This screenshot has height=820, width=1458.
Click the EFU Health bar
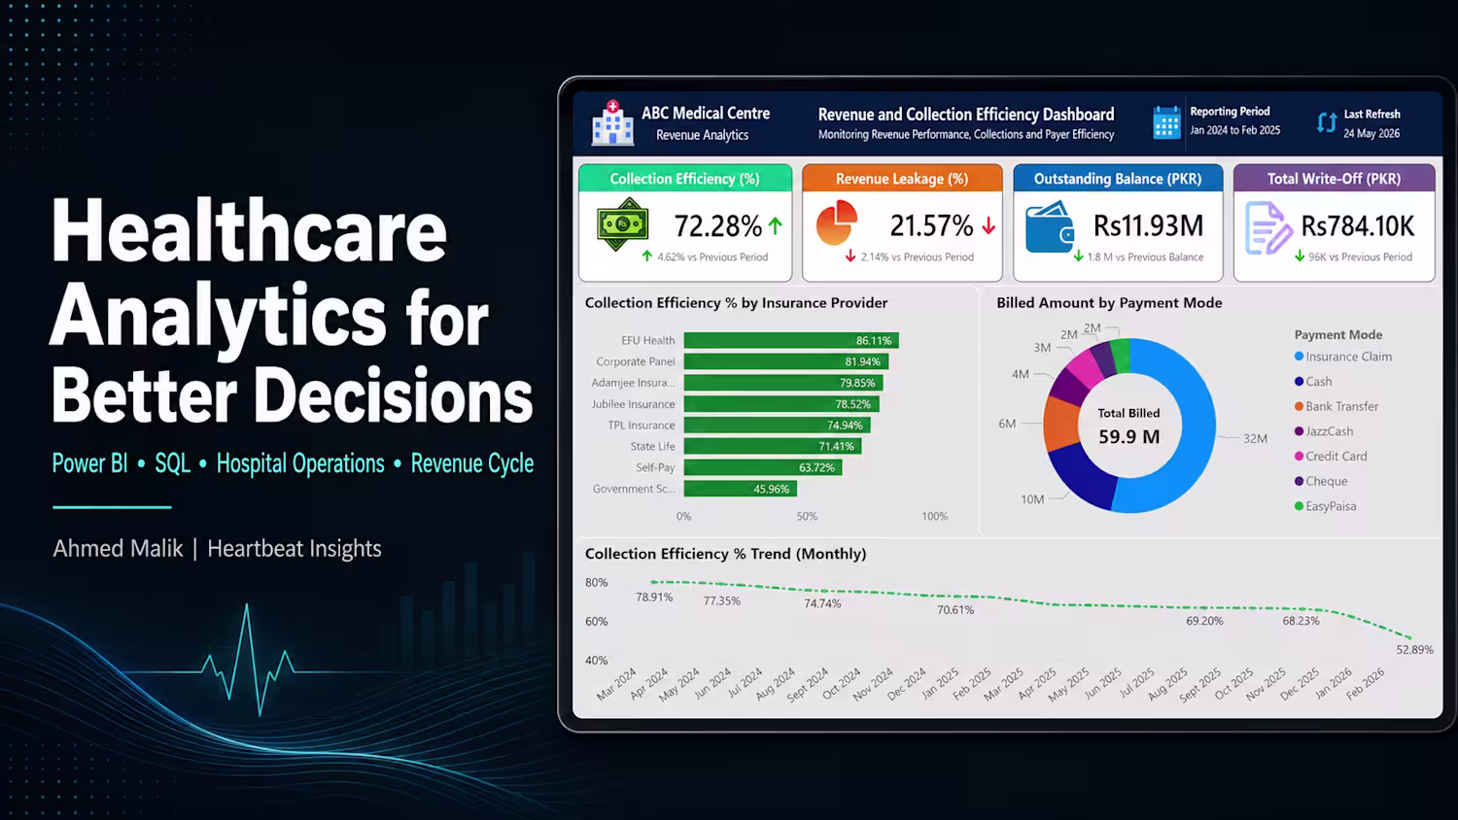coord(791,340)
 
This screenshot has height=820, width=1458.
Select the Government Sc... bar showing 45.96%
coord(740,489)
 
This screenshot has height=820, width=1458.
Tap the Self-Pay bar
coord(763,467)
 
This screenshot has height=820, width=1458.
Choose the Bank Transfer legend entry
coord(1336,406)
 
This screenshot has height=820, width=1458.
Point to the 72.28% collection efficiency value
coord(717,226)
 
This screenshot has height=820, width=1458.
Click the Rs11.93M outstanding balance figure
coord(1148,225)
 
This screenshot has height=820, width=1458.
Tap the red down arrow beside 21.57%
coord(989,225)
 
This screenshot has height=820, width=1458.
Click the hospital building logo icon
coord(611,122)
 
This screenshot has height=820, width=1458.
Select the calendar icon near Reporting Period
coord(1166,122)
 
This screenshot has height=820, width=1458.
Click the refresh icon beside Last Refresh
coord(1327,122)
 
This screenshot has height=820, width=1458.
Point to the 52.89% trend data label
coord(1414,650)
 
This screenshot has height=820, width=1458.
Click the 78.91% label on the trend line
coord(654,597)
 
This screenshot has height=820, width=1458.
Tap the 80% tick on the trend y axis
coord(596,583)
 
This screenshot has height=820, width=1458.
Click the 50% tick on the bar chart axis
coord(807,516)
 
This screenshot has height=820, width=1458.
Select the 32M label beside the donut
coord(1255,438)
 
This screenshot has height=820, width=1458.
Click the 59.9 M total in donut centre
coord(1129,436)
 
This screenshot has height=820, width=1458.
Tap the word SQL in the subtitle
coord(172,463)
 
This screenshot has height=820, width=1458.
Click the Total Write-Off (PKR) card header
coord(1334,179)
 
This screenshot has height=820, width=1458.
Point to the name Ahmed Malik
coord(118,549)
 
